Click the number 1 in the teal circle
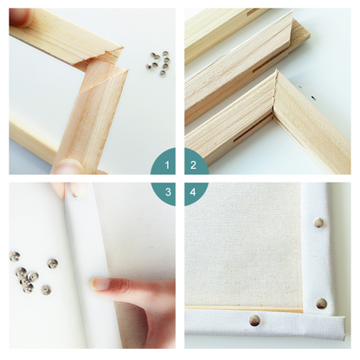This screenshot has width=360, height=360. [x=167, y=165]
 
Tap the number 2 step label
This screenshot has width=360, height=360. [x=193, y=165]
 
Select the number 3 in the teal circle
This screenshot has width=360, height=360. [x=168, y=192]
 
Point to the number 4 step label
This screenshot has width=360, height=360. [x=193, y=192]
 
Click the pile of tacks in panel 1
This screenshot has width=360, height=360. [x=158, y=61]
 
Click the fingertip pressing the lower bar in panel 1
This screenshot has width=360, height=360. [x=68, y=166]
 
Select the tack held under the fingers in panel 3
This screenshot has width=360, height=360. [x=76, y=196]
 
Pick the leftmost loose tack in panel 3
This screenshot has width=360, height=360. [x=15, y=256]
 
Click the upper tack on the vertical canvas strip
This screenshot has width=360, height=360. [x=318, y=222]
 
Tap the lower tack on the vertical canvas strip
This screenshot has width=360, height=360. [x=321, y=304]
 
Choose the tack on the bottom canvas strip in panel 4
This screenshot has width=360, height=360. [x=254, y=320]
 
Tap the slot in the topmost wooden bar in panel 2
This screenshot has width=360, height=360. [x=254, y=11]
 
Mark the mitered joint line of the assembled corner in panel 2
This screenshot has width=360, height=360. [x=275, y=93]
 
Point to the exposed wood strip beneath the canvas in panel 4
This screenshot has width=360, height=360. [x=244, y=310]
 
